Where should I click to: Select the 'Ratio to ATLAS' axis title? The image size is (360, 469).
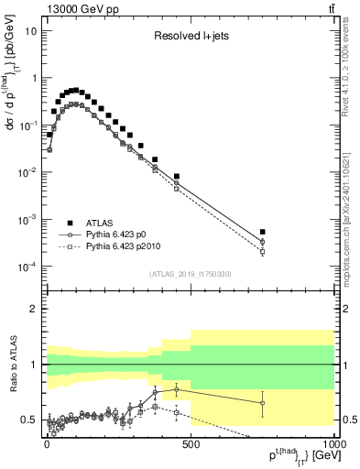12,364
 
